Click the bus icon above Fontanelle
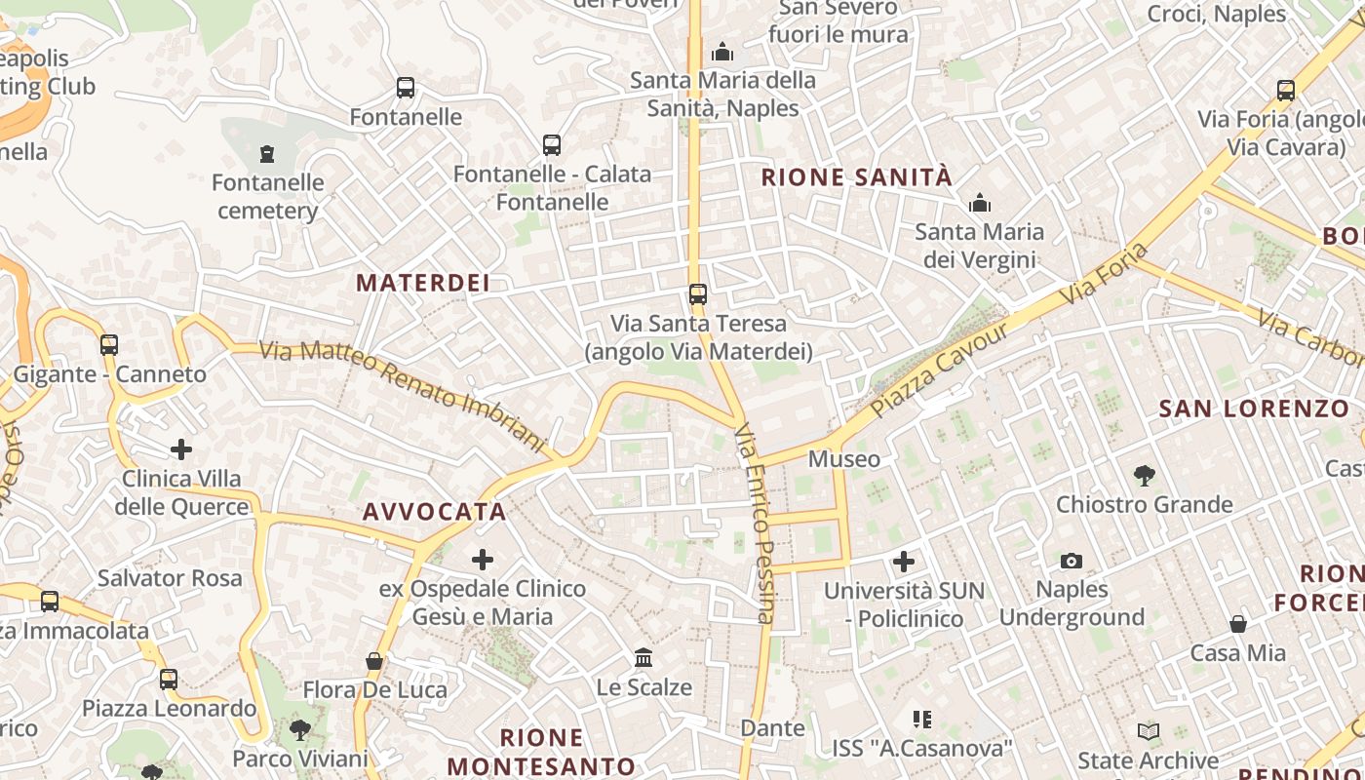click(406, 88)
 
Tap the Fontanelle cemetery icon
click(266, 153)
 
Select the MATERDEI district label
click(422, 283)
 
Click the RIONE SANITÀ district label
click(856, 177)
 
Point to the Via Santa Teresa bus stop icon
click(697, 293)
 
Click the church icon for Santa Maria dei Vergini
click(979, 203)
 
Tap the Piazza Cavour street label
click(941, 370)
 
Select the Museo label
click(844, 458)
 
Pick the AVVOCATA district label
click(435, 512)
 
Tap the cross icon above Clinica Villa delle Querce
click(181, 449)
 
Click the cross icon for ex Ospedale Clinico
click(482, 560)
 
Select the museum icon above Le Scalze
click(643, 658)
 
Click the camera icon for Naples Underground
click(1072, 561)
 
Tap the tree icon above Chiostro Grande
click(1145, 476)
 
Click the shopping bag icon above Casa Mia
click(1237, 623)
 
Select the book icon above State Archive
click(1149, 731)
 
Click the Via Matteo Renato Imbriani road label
click(402, 395)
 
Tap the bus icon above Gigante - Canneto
click(109, 344)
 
